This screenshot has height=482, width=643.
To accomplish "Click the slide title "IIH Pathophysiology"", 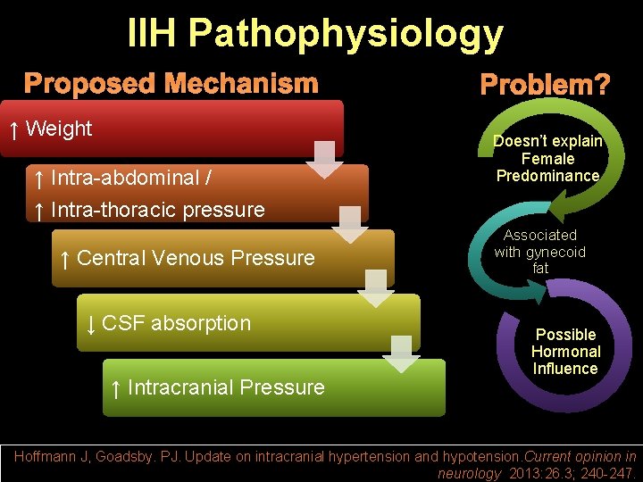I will pos(315,34).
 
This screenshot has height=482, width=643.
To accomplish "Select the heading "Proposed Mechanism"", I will pos(171,84).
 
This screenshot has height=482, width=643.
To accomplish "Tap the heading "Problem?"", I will pos(545,86).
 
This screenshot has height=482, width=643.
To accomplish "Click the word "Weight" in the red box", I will pos(59,129).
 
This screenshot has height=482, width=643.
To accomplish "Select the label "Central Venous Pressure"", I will pos(196,258).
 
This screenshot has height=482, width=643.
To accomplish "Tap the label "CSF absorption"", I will pos(176,322).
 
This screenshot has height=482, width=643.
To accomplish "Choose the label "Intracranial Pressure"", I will pos(226,387).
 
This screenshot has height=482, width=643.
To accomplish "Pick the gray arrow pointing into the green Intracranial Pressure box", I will pos(401,353).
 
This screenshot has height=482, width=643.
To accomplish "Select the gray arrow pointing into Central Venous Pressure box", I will pos(351,225).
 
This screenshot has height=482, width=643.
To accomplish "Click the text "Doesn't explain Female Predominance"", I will pos(547,159).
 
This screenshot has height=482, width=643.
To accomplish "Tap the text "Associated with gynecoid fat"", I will pos(539,252).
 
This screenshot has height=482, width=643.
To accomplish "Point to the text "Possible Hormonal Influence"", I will pos(565,352).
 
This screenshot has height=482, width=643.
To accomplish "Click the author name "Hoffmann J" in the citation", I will pos(52,456).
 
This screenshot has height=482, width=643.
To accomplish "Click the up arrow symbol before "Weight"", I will pos(13,129).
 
